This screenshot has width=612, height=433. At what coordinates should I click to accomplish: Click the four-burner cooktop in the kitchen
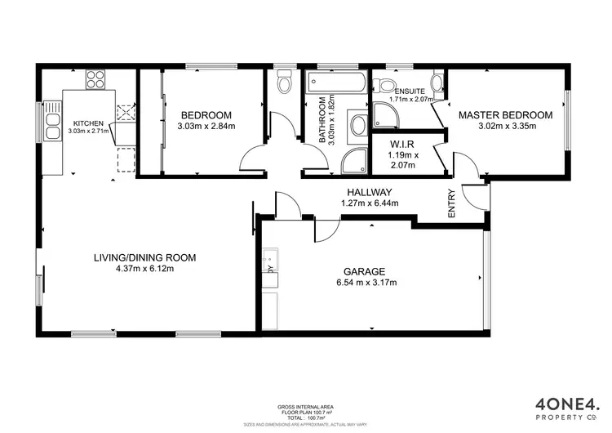94,80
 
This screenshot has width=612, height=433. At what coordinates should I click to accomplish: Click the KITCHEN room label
87,123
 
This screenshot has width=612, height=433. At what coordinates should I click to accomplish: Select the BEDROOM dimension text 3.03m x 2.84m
206,127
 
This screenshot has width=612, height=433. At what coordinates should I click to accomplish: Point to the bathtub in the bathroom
337,82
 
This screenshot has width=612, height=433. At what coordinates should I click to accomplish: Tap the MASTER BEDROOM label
504,115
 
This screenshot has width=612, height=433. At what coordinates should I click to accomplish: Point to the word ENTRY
451,205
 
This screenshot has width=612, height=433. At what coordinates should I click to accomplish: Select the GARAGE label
363,271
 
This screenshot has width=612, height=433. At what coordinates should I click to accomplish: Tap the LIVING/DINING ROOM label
144,257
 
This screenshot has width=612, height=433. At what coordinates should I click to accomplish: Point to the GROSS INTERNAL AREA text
305,406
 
